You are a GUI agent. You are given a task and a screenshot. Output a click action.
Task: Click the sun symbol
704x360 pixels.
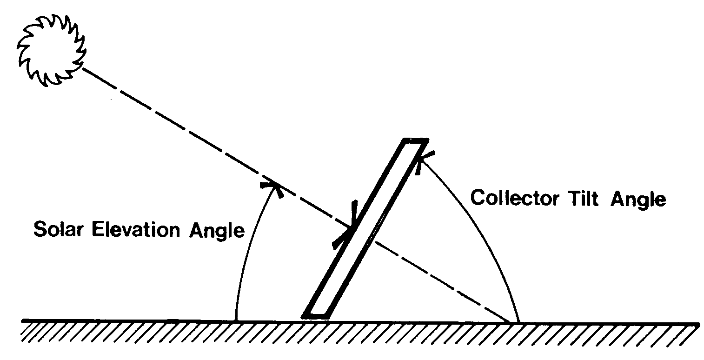pyautogui.click(x=51, y=50)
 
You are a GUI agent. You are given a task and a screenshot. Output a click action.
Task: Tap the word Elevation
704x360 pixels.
pyautogui.click(x=136, y=229)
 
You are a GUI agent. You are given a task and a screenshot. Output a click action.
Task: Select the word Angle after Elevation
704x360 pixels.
pyautogui.click(x=217, y=232)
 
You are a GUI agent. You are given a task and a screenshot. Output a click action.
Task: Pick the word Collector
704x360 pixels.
pyautogui.click(x=515, y=198)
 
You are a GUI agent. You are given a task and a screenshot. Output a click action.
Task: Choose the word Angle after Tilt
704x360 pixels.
pyautogui.click(x=638, y=200)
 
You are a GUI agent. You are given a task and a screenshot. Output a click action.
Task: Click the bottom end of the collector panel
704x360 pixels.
pyautogui.click(x=315, y=316)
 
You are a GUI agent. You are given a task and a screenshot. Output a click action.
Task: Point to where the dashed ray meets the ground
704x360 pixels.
pyautogui.click(x=510, y=321)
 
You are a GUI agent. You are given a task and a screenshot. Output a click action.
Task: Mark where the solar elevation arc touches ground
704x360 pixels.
pyautogui.click(x=236, y=321)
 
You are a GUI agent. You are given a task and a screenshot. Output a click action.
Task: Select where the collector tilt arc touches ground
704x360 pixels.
pyautogui.click(x=518, y=321)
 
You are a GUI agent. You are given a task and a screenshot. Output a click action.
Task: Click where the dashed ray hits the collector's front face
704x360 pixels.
pyautogui.click(x=352, y=227)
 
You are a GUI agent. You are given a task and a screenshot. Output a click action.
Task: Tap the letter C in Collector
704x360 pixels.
pyautogui.click(x=478, y=198)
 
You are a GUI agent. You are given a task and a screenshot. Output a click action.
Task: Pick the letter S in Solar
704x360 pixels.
pyautogui.click(x=40, y=229)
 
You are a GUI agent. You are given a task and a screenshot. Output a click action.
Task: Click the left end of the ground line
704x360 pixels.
pyautogui.click(x=22, y=321)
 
